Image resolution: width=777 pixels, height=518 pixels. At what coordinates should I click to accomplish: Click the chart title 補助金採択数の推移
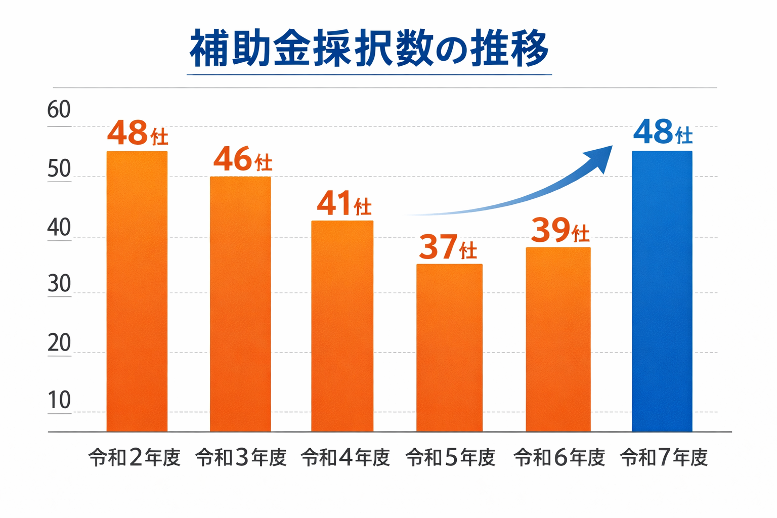click(369, 49)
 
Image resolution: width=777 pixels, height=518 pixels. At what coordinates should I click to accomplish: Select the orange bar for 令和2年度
click(137, 291)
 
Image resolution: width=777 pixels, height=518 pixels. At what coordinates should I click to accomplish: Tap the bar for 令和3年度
click(240, 304)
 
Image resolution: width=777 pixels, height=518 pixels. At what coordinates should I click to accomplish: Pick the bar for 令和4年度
click(342, 326)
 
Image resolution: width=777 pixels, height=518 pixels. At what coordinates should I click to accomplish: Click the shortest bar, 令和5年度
click(449, 348)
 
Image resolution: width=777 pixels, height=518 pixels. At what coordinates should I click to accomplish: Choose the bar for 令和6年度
click(558, 339)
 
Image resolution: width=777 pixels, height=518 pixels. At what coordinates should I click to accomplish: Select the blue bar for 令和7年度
click(662, 291)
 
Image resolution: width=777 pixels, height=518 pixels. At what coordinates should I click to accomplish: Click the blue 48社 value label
click(663, 133)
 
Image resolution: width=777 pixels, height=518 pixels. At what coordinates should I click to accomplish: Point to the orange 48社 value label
click(137, 134)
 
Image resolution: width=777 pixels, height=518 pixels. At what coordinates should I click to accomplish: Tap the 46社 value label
click(242, 159)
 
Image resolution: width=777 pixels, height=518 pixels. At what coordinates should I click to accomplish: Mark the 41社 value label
click(344, 204)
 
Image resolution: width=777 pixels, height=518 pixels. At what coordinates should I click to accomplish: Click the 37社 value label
click(448, 247)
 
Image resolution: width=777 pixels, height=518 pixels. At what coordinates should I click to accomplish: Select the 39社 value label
click(560, 231)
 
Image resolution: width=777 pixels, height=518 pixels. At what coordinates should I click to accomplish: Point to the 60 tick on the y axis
click(59, 110)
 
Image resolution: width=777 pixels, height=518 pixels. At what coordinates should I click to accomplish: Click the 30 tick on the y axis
click(59, 284)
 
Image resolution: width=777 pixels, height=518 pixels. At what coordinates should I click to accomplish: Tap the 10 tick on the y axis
click(59, 400)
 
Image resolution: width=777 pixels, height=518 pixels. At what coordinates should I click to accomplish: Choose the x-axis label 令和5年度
click(450, 458)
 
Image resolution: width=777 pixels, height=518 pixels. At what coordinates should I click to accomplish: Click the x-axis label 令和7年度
click(664, 458)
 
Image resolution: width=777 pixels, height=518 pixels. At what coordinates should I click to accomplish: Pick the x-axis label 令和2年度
click(135, 458)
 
